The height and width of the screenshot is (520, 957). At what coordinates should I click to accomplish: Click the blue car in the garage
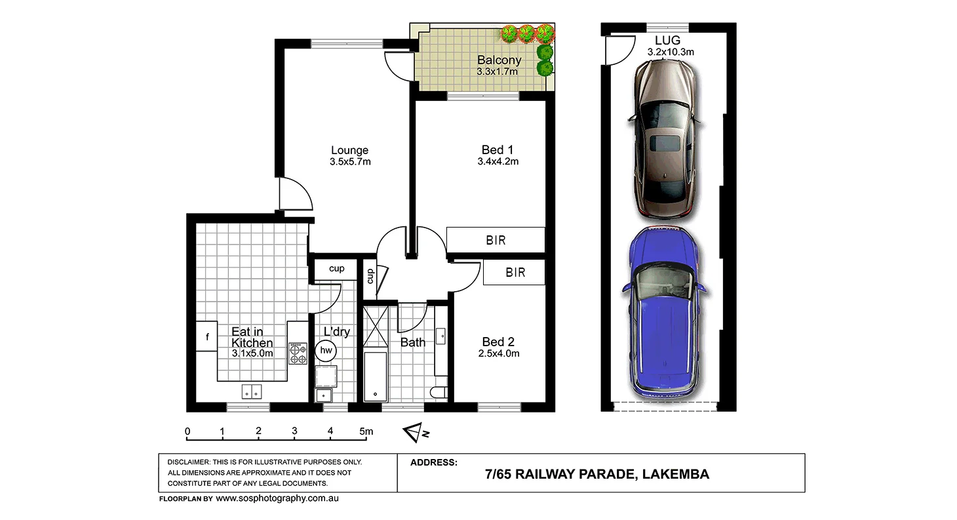coord(663,314)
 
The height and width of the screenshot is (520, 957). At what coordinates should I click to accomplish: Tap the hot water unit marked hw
coord(326,350)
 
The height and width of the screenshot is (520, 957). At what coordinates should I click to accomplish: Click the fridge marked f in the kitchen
coord(206,336)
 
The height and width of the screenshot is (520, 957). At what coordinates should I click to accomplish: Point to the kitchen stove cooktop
coord(298,353)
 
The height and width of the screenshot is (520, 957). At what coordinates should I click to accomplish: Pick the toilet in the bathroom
coord(439,392)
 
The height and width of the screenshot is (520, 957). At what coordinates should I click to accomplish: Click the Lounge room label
coord(349,150)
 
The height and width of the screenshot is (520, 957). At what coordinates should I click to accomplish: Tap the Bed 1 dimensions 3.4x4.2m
coord(498,161)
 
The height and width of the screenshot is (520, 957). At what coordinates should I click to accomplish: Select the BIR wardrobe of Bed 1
coord(496,240)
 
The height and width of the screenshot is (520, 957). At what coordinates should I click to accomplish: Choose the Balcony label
coord(499,60)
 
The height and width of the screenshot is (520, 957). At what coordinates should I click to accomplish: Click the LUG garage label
coord(667,41)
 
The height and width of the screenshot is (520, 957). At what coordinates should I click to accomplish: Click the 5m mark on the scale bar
coord(366,431)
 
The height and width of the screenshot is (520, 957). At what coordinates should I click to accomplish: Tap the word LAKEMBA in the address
coord(675,474)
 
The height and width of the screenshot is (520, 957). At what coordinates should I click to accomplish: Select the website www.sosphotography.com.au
coord(277,498)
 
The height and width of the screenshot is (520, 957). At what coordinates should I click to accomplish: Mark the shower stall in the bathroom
coord(376,327)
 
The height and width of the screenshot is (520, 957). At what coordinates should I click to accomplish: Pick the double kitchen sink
coord(252,392)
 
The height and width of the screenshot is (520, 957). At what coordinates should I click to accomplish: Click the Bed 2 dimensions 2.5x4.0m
coord(499,353)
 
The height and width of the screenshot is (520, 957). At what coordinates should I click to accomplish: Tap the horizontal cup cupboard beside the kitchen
coord(336,270)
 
